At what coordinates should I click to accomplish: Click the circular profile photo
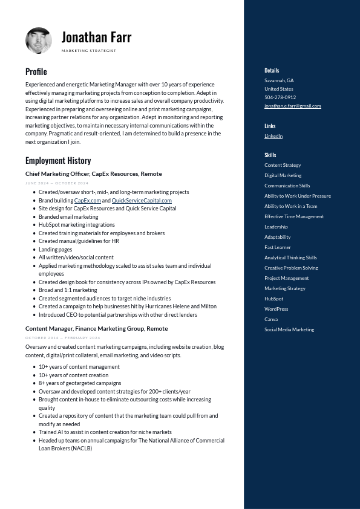39,41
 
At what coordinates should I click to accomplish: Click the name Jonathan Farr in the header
96,37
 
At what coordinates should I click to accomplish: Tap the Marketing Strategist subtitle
88,51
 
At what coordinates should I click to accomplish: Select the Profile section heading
36,71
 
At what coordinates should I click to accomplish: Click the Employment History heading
58,160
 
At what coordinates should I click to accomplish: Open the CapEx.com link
88,201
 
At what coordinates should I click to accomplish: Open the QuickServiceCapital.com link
142,201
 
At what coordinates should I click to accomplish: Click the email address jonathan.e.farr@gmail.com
292,106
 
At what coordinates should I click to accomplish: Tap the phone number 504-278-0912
280,97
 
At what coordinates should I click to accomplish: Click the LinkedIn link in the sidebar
273,136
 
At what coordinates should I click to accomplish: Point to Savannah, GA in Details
279,80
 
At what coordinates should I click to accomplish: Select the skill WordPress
276,309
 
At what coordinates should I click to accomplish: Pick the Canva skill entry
271,319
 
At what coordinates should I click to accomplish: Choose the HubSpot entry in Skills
273,299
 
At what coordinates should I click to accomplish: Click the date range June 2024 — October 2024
57,183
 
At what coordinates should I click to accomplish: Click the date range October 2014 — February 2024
62,338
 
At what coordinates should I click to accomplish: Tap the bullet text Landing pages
55,249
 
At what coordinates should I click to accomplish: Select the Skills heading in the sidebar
270,155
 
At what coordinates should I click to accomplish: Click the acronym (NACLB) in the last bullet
82,449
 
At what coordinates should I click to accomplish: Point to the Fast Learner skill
278,247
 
